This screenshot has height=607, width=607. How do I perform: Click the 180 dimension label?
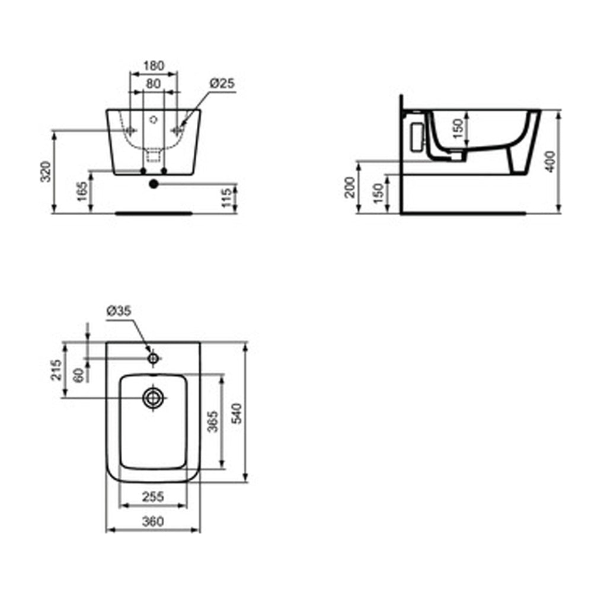(x=154, y=66)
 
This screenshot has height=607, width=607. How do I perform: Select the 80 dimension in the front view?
(x=154, y=84)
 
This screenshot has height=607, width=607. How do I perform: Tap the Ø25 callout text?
(x=222, y=84)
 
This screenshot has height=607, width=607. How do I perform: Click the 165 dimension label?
(x=82, y=191)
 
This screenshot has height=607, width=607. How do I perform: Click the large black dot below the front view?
(x=154, y=184)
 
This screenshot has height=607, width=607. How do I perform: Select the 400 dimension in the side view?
(x=551, y=161)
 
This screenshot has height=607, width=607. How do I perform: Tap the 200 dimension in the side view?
(x=349, y=187)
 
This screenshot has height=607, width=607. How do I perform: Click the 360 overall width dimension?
(x=153, y=521)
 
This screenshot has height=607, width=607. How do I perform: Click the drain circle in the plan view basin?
(x=154, y=398)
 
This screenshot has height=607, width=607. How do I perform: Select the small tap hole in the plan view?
(x=154, y=358)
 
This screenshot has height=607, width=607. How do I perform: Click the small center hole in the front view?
(x=154, y=119)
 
